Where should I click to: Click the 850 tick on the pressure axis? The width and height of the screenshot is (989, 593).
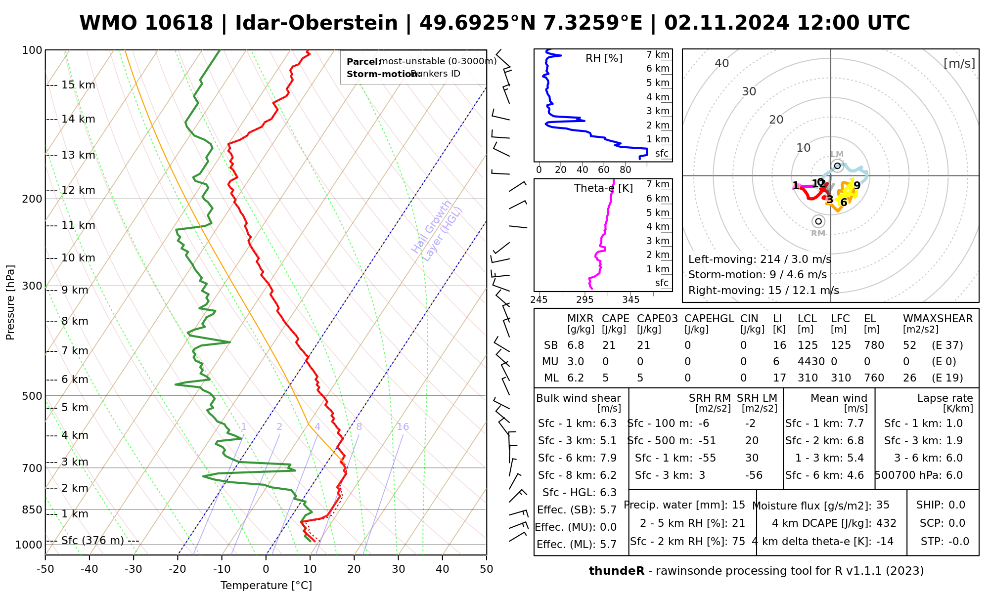click(x=33, y=509)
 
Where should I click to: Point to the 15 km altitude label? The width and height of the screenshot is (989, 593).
click(x=78, y=85)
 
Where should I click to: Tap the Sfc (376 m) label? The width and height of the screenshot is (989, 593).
click(x=92, y=540)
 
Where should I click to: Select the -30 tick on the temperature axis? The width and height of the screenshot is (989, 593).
click(x=134, y=569)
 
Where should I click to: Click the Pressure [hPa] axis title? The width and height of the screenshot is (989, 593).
click(x=10, y=302)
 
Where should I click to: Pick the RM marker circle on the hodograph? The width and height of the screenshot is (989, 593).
click(x=818, y=221)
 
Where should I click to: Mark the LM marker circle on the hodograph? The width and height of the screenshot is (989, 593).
click(x=837, y=166)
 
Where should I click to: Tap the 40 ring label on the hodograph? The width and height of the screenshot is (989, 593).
click(x=722, y=63)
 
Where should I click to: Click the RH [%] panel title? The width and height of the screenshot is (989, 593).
click(x=604, y=58)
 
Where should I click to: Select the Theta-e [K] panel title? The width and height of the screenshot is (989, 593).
click(x=603, y=188)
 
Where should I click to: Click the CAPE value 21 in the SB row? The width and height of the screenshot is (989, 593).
click(x=609, y=345)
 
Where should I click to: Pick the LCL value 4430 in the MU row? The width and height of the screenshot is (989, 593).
click(x=811, y=362)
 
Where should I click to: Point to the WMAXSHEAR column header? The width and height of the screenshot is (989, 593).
click(x=938, y=319)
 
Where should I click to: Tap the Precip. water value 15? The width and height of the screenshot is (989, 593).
click(x=738, y=505)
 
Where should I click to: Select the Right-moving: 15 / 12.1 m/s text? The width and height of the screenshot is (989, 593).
click(x=764, y=290)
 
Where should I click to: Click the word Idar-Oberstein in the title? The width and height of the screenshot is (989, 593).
click(x=316, y=23)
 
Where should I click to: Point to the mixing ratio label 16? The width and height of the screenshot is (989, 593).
click(x=403, y=427)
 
